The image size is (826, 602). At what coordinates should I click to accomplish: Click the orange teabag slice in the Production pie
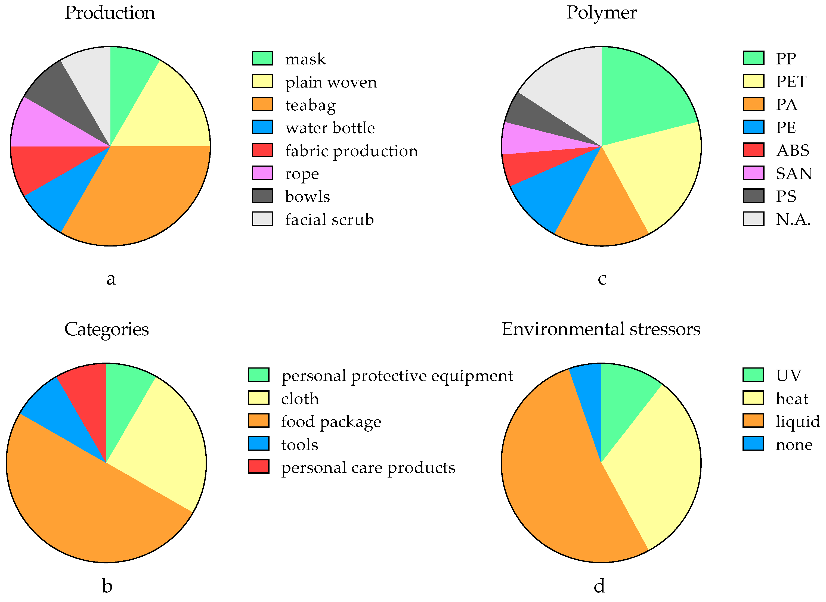pyautogui.click(x=146, y=193)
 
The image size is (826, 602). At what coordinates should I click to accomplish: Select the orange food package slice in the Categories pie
pyautogui.click(x=91, y=510)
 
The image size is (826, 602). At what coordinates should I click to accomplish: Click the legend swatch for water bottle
pyautogui.click(x=262, y=127)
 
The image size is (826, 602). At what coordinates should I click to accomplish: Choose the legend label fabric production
pyautogui.click(x=351, y=151)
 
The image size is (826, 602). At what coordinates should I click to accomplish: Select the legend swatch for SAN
pyautogui.click(x=753, y=173)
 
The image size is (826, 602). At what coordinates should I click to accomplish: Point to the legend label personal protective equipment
pyautogui.click(x=397, y=376)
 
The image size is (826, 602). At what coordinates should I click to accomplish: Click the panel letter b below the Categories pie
pyautogui.click(x=107, y=586)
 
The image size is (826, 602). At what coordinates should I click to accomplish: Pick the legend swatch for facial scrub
pyautogui.click(x=262, y=219)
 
